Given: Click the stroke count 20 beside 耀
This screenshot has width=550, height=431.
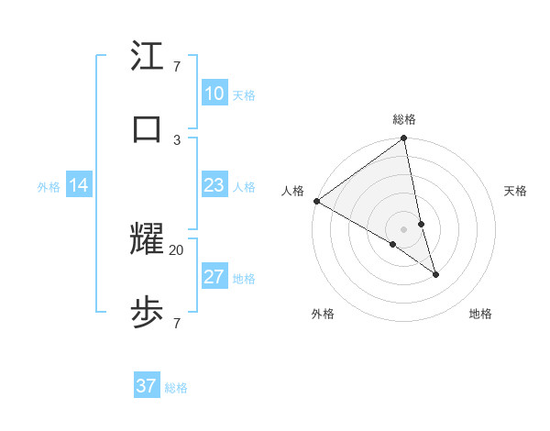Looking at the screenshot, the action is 177,249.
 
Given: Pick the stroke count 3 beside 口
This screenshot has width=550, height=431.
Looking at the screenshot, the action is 177,139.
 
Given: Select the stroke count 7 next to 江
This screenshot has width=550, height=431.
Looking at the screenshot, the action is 177,66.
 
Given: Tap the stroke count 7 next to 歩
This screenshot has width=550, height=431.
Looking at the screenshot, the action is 177,323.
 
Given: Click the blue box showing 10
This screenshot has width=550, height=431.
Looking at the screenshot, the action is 214,94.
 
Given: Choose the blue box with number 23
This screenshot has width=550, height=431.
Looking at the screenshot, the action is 214,185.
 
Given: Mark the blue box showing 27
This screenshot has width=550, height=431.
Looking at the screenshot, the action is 214,277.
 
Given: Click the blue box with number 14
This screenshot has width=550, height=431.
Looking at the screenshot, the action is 79,185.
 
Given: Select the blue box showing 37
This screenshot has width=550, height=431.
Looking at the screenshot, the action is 147,386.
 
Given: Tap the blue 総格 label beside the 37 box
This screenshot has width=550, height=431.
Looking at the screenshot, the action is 176,388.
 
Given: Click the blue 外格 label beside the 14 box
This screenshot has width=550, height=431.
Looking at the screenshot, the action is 49,187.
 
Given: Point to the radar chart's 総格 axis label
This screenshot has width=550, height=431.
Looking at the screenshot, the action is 404,119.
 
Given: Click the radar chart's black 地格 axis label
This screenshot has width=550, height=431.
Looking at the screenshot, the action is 480,314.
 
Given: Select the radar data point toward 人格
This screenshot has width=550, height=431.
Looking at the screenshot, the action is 316,201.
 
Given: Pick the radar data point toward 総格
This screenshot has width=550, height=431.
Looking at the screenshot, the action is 404,139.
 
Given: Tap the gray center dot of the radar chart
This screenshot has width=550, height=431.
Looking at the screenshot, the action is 404,228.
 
